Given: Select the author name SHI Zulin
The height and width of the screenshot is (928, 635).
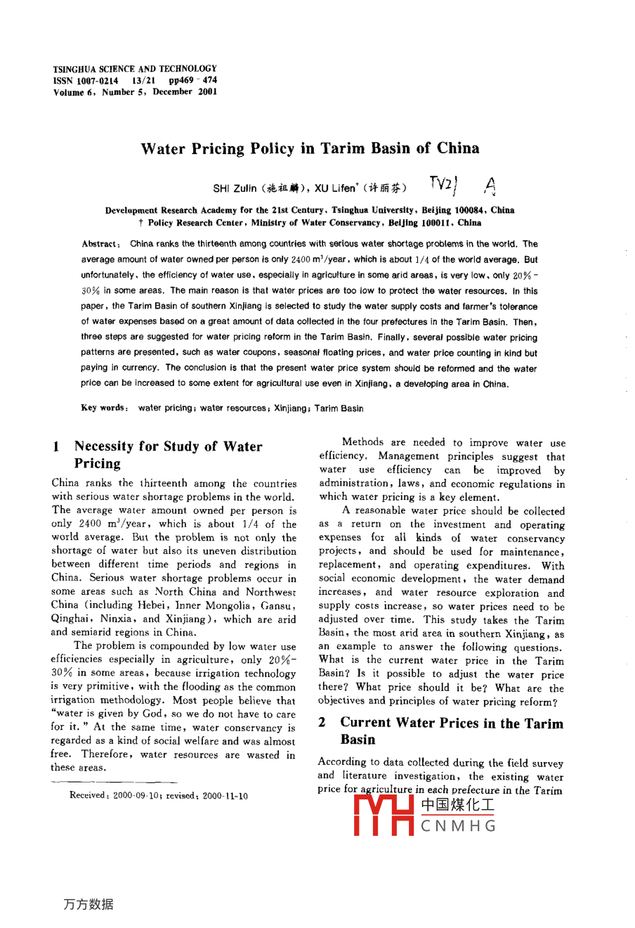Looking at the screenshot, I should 235,188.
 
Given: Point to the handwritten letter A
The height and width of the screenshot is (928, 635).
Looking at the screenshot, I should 490,186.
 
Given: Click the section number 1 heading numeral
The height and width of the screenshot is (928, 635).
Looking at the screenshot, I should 55,446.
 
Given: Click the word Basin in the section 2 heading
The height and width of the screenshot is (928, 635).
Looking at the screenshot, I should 358,740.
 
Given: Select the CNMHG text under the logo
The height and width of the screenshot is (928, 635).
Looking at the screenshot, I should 458,826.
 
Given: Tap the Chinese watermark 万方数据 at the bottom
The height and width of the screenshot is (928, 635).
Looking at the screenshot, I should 89,904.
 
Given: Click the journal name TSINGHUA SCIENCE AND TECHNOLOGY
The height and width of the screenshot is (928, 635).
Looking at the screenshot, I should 135,69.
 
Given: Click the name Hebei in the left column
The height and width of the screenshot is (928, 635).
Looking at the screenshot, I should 155,605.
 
